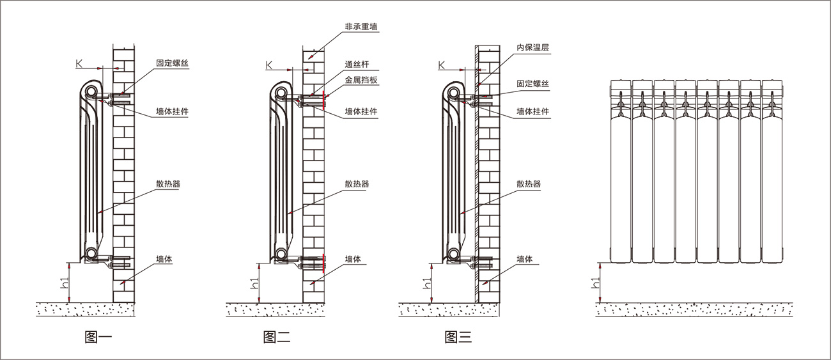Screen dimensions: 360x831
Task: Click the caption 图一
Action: pyautogui.click(x=98, y=338)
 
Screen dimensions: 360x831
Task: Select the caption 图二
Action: pyautogui.click(x=277, y=338)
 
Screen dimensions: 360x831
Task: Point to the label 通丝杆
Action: pyautogui.click(x=357, y=65)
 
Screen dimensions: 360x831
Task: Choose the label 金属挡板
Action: pyautogui.click(x=361, y=80)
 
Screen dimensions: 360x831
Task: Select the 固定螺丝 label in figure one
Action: pyautogui.click(x=173, y=64)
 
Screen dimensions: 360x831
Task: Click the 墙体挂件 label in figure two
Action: pyautogui.click(x=361, y=111)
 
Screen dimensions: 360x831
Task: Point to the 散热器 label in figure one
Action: pyautogui.click(x=168, y=184)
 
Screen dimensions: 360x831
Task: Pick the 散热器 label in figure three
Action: pyautogui.click(x=529, y=184)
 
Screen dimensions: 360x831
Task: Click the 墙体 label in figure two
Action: pyautogui.click(x=353, y=259)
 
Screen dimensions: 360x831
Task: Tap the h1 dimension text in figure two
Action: pyautogui.click(x=254, y=283)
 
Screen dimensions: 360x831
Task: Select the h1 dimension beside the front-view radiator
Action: pyautogui.click(x=595, y=283)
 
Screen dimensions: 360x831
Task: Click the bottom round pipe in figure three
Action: pyautogui.click(x=454, y=254)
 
